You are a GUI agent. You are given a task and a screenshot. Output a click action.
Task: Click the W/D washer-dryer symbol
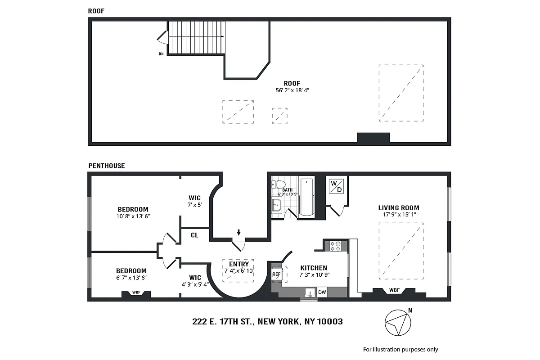(336, 186)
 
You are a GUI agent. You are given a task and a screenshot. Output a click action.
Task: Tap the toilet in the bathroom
(278, 184)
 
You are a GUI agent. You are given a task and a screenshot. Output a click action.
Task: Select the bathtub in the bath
(307, 197)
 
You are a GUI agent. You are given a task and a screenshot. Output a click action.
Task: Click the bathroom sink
(276, 205)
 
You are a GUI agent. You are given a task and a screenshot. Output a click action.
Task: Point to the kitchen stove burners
(336, 246)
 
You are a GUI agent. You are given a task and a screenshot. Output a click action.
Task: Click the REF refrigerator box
(276, 274)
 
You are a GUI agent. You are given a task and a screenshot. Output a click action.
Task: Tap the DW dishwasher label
(322, 292)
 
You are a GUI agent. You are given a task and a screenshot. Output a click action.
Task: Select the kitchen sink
(309, 293)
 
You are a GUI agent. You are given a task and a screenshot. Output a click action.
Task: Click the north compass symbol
(398, 323)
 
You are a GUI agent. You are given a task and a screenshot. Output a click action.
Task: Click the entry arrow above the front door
(238, 233)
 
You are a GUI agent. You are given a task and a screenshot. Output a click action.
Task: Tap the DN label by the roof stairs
(161, 54)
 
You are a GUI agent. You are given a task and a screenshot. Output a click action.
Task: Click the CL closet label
(194, 235)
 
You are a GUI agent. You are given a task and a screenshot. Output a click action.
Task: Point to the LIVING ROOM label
(398, 208)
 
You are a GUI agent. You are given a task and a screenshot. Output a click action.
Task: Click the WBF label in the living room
(394, 290)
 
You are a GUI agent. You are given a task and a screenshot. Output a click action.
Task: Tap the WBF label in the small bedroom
(136, 292)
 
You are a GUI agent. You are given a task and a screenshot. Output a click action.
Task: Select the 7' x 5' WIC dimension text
(194, 205)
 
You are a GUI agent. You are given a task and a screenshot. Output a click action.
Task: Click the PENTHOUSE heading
(107, 166)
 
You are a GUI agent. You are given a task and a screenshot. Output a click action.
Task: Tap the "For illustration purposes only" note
(400, 349)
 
